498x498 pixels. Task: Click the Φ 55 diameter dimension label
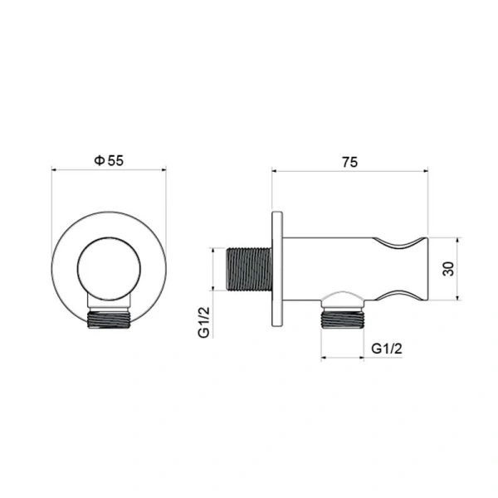109,160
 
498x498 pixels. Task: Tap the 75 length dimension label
349,163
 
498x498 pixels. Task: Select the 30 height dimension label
448,269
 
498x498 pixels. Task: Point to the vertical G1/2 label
204,322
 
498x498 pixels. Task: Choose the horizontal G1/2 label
387,349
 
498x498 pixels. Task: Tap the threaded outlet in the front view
109,320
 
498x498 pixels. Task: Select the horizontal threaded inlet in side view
249,269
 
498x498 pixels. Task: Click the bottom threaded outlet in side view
342,320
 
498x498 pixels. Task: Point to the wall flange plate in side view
277,269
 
